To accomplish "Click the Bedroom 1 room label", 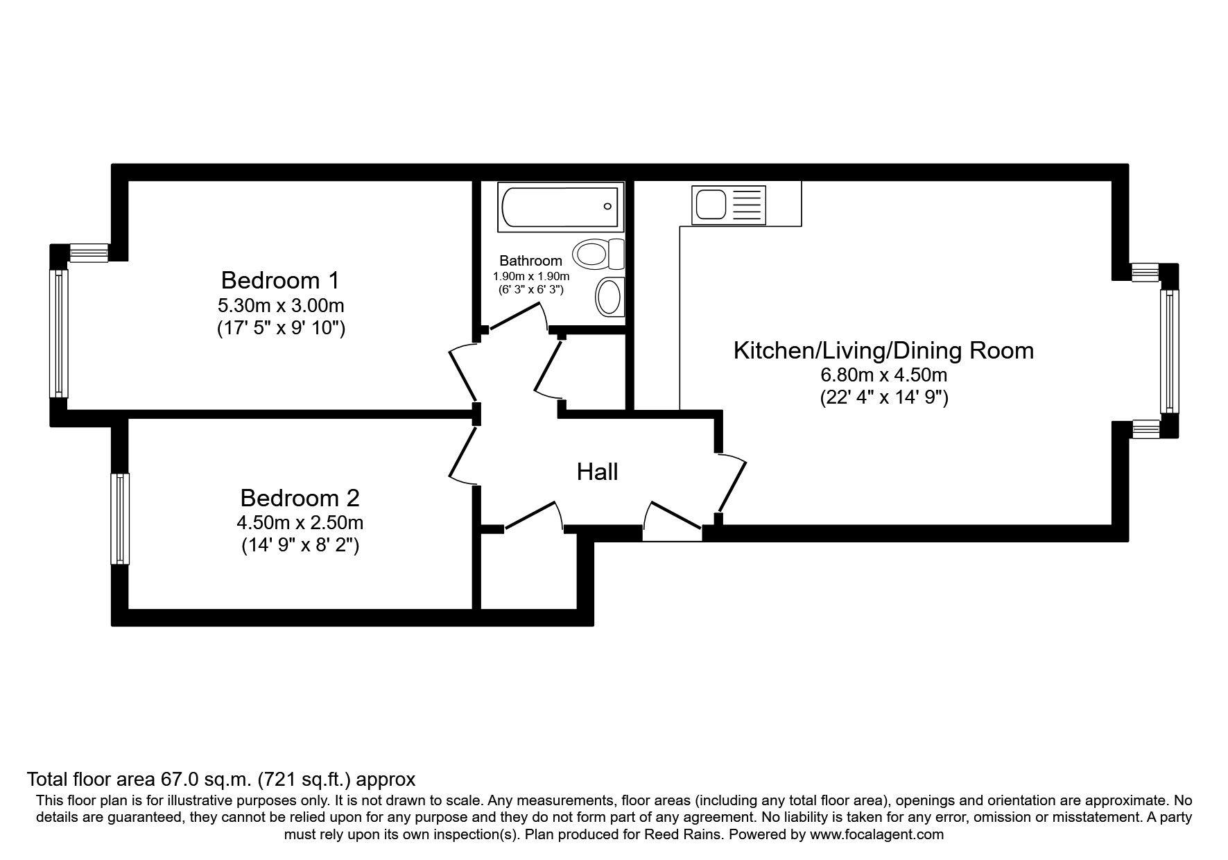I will [280, 281].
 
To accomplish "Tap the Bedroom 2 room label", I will [300, 498].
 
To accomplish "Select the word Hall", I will [597, 472].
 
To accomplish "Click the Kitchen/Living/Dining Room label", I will [883, 350].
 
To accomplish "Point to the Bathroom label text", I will [530, 261].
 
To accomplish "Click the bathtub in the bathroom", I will [560, 207].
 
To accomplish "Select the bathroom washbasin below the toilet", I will [609, 297].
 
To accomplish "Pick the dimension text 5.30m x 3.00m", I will [280, 305].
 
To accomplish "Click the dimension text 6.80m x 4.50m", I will [883, 376].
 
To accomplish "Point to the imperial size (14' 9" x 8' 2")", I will [300, 546].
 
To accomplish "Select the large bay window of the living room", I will [1169, 351].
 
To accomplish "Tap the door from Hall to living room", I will [732, 483].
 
